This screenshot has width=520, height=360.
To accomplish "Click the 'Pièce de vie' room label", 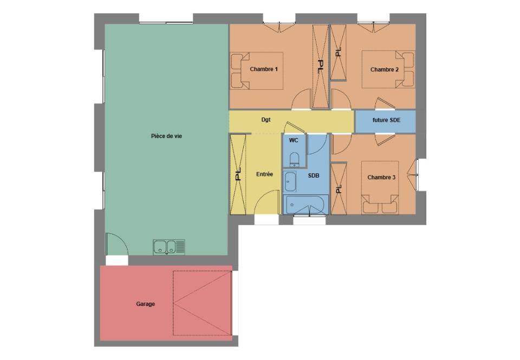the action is (x=166, y=136).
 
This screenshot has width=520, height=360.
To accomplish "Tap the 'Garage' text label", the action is (x=145, y=304).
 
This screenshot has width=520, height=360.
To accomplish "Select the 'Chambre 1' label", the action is (x=264, y=69).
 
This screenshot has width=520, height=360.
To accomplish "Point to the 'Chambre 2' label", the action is (x=385, y=69).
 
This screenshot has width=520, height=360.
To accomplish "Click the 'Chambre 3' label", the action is (x=381, y=178).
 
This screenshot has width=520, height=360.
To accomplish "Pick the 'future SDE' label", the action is (x=386, y=120).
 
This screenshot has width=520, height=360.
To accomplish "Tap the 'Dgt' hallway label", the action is (x=266, y=120).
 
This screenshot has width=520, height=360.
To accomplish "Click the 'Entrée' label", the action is (x=265, y=174).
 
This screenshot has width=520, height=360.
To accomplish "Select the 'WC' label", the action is (x=294, y=140).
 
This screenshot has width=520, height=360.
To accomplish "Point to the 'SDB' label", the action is (x=314, y=175).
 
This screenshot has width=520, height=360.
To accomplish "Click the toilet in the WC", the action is (x=294, y=160).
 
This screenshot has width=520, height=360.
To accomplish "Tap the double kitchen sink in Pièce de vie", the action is (x=169, y=247).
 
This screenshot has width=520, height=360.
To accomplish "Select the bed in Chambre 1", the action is (x=257, y=71).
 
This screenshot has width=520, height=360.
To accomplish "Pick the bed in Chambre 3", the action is (x=380, y=188).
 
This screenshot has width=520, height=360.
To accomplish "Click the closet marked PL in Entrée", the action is (x=238, y=174).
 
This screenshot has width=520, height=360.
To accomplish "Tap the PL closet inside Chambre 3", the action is (x=339, y=189).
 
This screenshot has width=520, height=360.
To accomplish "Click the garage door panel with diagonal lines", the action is (x=202, y=303).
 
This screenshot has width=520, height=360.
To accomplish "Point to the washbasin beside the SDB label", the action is (x=290, y=182).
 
